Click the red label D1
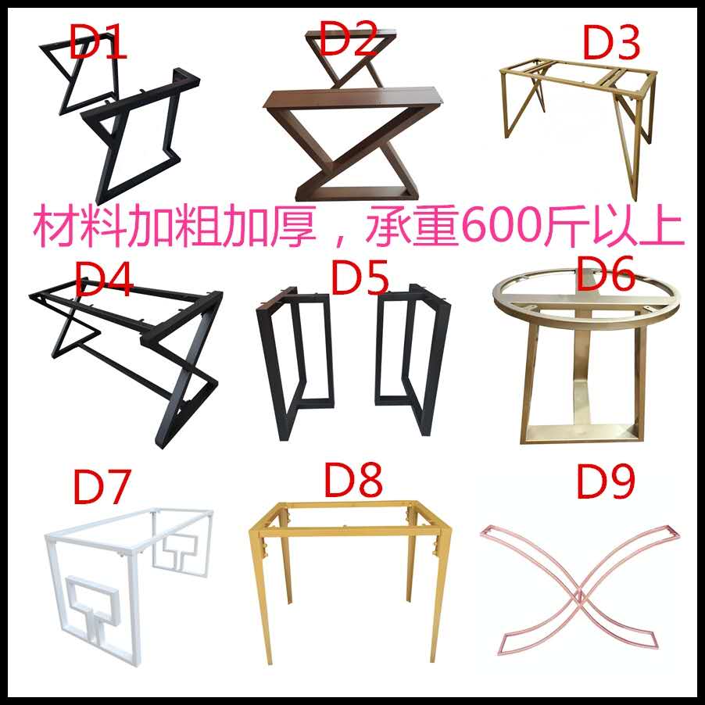click(x=98, y=43)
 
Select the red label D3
click(x=612, y=42)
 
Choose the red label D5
click(x=360, y=277)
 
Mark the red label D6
click(x=607, y=274)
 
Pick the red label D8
click(x=352, y=482)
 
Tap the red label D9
click(x=607, y=482)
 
